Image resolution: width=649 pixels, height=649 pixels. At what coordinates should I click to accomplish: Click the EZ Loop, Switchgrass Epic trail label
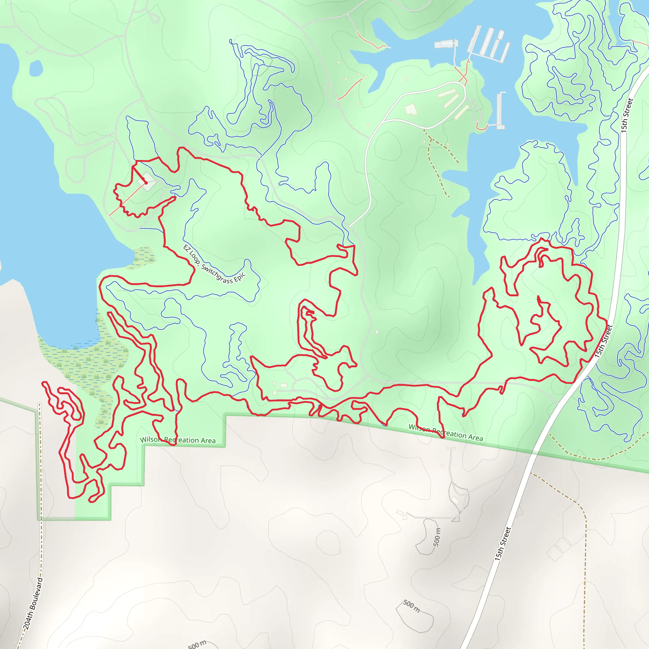point(214,264)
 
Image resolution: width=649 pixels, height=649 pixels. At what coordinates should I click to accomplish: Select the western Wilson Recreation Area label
point(178,440)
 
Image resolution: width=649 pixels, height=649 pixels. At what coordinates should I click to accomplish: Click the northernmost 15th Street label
point(627,115)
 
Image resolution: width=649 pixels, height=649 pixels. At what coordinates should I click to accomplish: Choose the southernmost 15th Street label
point(503,544)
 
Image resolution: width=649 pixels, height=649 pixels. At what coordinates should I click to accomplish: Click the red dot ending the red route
point(146,183)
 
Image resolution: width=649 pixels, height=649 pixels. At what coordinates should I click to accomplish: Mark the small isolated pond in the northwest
point(36,68)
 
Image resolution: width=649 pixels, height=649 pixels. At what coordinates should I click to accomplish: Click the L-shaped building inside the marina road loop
point(410,110)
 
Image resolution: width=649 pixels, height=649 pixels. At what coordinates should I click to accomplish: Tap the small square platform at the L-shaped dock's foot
point(500,127)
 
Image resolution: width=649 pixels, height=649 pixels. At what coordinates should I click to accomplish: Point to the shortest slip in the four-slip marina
point(500,35)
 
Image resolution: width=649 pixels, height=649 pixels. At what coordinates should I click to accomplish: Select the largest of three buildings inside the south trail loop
point(284,385)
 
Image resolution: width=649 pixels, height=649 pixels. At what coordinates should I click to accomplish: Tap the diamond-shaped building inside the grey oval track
point(147,182)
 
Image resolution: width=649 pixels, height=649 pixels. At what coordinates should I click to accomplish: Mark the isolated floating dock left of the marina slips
point(446,44)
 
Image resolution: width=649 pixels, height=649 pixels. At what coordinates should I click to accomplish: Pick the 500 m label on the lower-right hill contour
point(411,606)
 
